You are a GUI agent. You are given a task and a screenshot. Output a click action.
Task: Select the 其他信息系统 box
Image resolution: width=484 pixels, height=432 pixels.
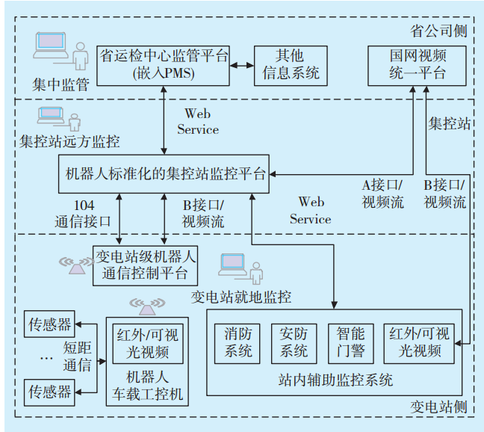click(291, 64)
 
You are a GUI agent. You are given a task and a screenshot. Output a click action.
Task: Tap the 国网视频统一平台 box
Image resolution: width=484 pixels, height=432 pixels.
click(418, 64)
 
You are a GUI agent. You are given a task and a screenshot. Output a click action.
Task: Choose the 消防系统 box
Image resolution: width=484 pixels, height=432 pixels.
click(238, 342)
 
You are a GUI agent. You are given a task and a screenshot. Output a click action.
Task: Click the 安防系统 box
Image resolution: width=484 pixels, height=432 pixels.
click(294, 342)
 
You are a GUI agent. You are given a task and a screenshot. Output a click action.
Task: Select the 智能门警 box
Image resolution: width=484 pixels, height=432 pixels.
click(350, 342)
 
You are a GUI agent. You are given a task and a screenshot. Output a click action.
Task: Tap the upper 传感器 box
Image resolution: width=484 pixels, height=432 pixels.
click(50, 324)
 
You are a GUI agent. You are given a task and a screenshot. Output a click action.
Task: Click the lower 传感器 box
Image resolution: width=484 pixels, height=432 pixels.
click(50, 391)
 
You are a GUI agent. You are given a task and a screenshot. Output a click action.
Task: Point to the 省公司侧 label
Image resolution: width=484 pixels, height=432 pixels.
click(439, 31)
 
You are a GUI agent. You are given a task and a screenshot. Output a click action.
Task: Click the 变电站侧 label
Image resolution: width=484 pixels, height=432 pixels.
click(439, 407)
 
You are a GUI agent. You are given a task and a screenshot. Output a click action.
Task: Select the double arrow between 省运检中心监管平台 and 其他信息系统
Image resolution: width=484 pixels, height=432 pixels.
click(242, 65)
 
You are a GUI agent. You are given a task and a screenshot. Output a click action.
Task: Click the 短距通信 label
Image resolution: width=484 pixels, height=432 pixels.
click(78, 357)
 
